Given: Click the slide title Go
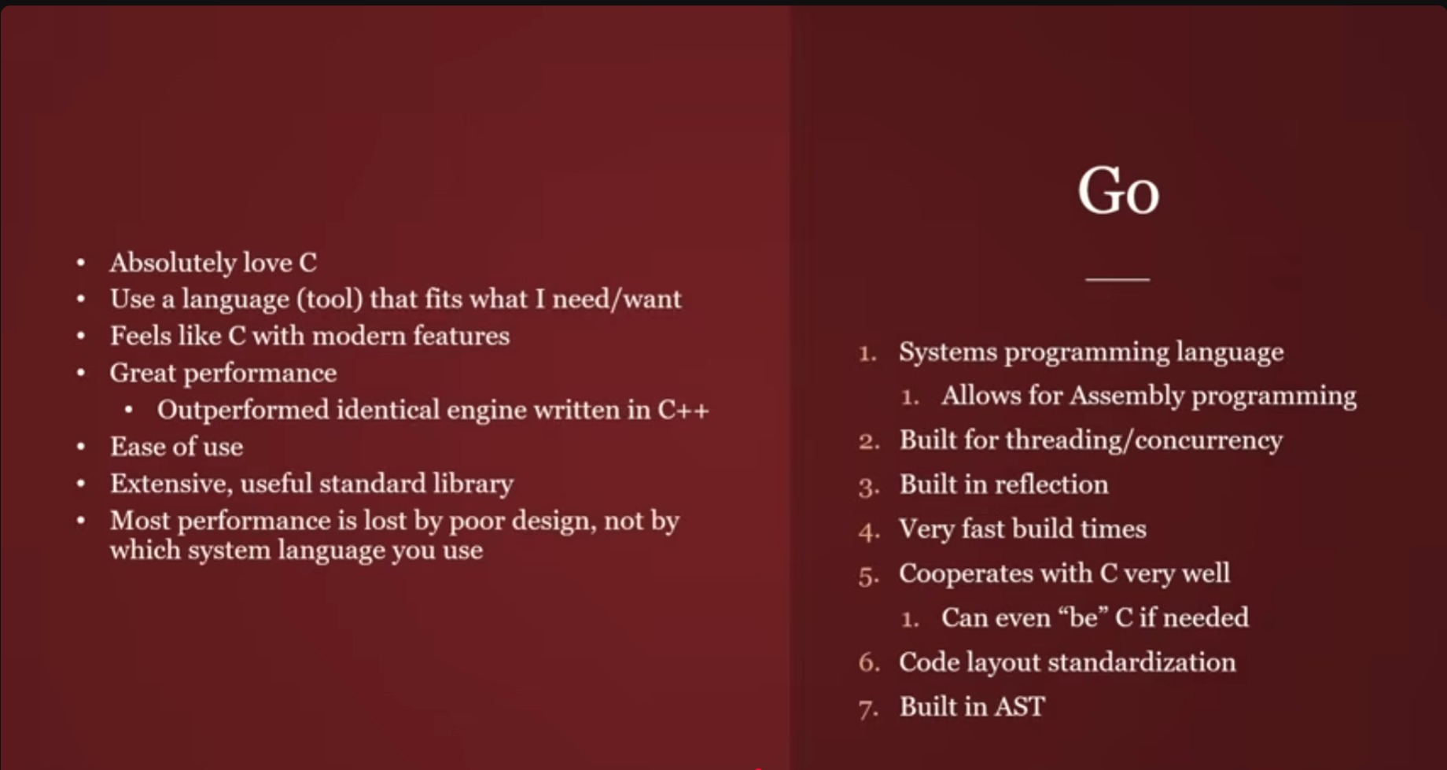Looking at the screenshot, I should tap(1117, 191).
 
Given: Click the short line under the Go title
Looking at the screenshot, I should tap(1117, 279).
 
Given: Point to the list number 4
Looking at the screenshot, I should tap(868, 531).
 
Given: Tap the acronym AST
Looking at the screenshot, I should tap(1020, 706).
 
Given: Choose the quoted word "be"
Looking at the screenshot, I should tap(1084, 617).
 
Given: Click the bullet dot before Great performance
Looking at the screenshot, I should tap(81, 373).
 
